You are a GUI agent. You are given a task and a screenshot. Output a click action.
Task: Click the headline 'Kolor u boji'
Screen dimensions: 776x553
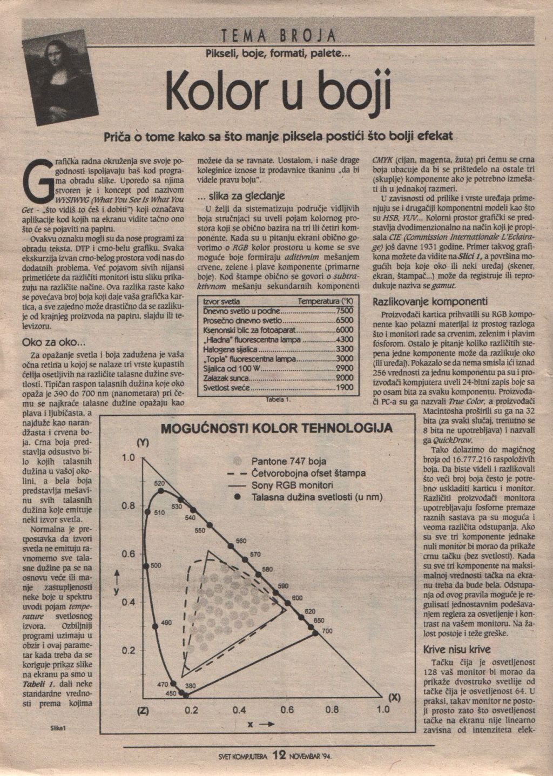click(x=278, y=91)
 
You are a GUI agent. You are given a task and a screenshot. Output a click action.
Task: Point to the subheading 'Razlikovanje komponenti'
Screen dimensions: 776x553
click(x=430, y=301)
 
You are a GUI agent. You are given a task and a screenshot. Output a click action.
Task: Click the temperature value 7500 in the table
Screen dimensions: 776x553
click(x=344, y=311)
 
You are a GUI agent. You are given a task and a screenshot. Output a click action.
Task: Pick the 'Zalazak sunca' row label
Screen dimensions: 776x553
click(x=225, y=378)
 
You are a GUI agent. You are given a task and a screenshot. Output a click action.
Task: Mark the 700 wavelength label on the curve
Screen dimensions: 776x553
click(x=327, y=631)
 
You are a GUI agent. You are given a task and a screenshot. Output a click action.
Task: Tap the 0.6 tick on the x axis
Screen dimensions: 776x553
click(x=287, y=710)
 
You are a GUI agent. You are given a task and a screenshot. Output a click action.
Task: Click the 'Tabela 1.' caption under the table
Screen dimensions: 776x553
click(x=279, y=400)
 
